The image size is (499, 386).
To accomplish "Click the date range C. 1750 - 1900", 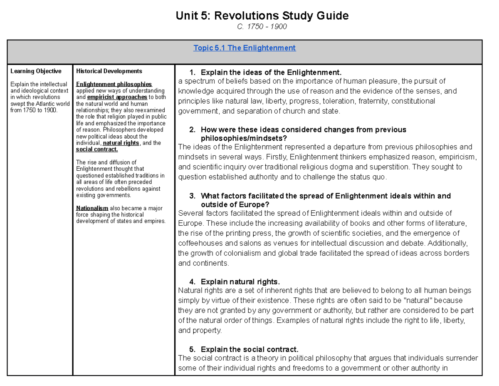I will click(262, 27).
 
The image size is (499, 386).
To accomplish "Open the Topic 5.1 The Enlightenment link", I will click(245, 48).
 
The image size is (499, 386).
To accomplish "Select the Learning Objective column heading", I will click(36, 71).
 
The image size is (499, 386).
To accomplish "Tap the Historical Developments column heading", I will click(109, 71).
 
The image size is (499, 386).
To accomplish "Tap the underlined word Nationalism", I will click(92, 208).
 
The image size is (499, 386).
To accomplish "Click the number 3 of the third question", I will click(192, 196).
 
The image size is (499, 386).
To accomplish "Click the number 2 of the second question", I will click(192, 130).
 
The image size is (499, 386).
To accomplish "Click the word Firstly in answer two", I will click(276, 157).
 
